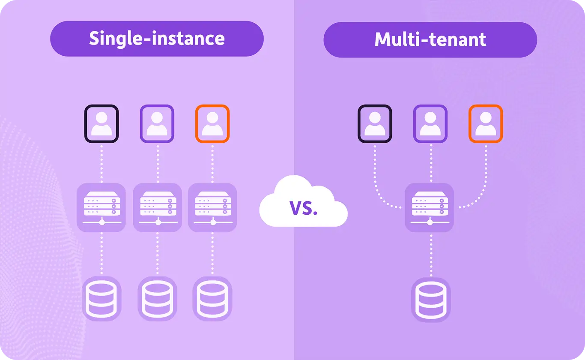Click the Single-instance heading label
(157, 39)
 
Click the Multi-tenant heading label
(430, 39)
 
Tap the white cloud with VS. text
(303, 203)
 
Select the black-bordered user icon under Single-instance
(101, 123)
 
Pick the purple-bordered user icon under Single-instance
(157, 123)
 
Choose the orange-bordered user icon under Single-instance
(212, 123)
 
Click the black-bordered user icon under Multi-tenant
(375, 123)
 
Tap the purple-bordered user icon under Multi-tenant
(430, 123)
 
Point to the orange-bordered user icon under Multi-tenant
(486, 123)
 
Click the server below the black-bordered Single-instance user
(101, 207)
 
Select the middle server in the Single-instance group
(157, 207)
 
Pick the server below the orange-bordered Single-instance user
(212, 207)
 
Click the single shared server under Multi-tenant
(430, 207)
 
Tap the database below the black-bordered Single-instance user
(101, 298)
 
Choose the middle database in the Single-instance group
(157, 298)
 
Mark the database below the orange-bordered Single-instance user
(212, 298)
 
